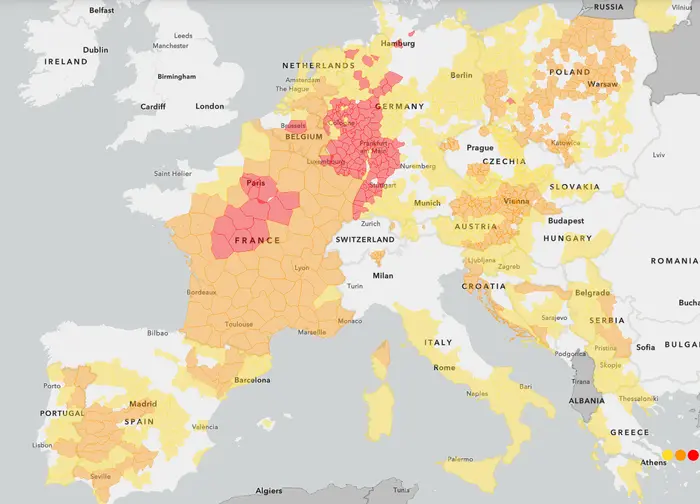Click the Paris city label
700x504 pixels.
click(x=256, y=183)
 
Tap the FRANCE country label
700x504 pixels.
click(x=257, y=241)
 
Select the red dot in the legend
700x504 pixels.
click(x=693, y=455)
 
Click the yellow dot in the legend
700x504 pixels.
click(x=667, y=455)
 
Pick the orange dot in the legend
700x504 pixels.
click(x=680, y=455)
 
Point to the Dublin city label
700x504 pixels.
click(x=96, y=49)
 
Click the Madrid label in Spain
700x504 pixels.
click(x=142, y=404)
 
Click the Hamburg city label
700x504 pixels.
click(x=397, y=44)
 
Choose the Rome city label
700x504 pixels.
click(x=444, y=368)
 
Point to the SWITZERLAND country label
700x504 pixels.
click(x=366, y=240)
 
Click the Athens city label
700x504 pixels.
click(x=653, y=462)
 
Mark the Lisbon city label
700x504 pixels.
click(x=42, y=445)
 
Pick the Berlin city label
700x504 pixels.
click(x=461, y=75)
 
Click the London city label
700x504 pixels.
click(x=210, y=106)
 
